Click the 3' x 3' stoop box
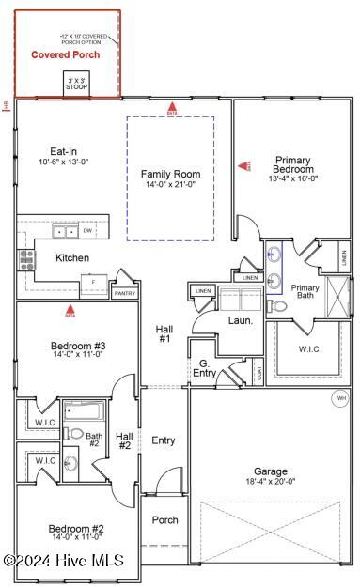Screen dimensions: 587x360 (77, 84)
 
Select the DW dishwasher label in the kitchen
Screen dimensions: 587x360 (87, 230)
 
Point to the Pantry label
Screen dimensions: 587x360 (124, 293)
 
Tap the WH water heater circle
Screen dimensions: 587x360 (340, 398)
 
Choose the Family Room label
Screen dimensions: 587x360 (171, 174)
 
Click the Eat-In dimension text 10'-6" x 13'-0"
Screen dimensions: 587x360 (63, 162)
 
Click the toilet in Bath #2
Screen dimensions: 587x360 (75, 434)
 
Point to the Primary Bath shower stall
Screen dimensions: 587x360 (337, 298)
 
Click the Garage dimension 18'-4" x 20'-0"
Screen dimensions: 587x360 (270, 481)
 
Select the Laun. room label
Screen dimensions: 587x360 (239, 320)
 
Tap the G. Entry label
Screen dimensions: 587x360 (205, 368)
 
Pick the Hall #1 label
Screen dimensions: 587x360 (164, 332)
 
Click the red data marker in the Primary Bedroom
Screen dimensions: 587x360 (247, 165)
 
